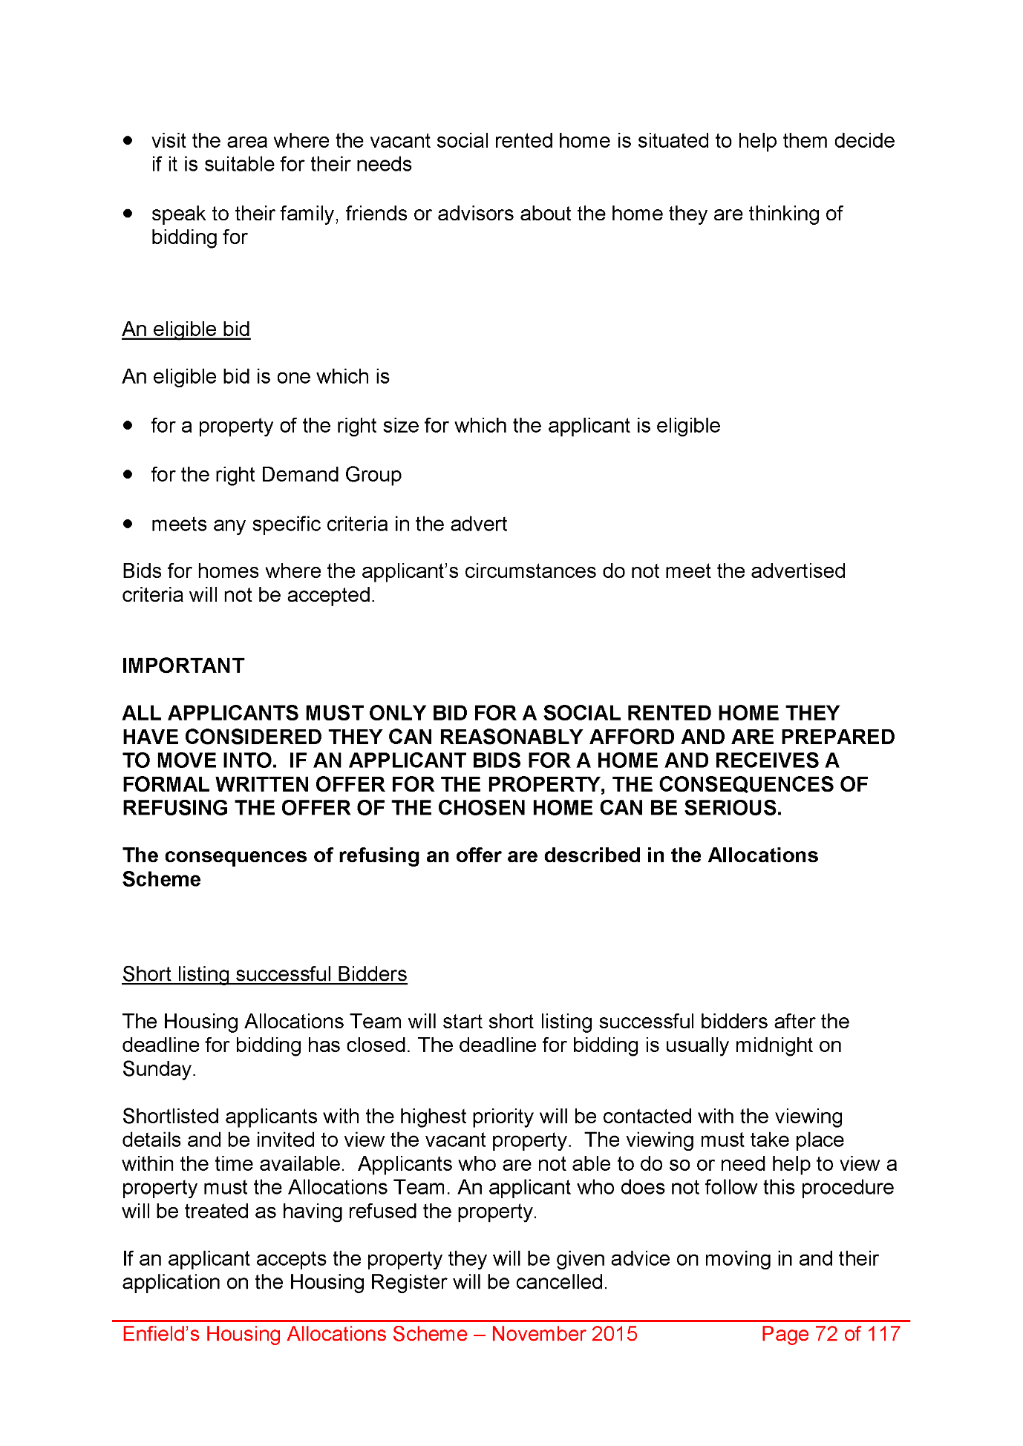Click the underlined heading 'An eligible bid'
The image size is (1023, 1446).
click(x=186, y=329)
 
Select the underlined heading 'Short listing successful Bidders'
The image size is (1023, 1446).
click(x=264, y=973)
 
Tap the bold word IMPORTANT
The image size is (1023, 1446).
click(x=183, y=666)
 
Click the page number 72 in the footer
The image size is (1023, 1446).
click(x=826, y=1333)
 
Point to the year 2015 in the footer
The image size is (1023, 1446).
click(x=614, y=1333)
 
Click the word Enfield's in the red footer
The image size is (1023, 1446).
click(x=161, y=1333)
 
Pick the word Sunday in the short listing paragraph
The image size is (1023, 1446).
click(x=158, y=1069)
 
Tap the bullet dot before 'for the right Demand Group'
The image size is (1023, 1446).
click(x=128, y=474)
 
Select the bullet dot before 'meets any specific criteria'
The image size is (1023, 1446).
click(x=128, y=524)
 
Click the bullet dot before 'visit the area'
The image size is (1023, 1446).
click(x=128, y=140)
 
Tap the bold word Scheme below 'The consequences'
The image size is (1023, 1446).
click(x=162, y=879)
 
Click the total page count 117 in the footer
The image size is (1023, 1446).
click(x=883, y=1333)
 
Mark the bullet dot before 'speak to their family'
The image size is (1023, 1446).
click(x=128, y=214)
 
